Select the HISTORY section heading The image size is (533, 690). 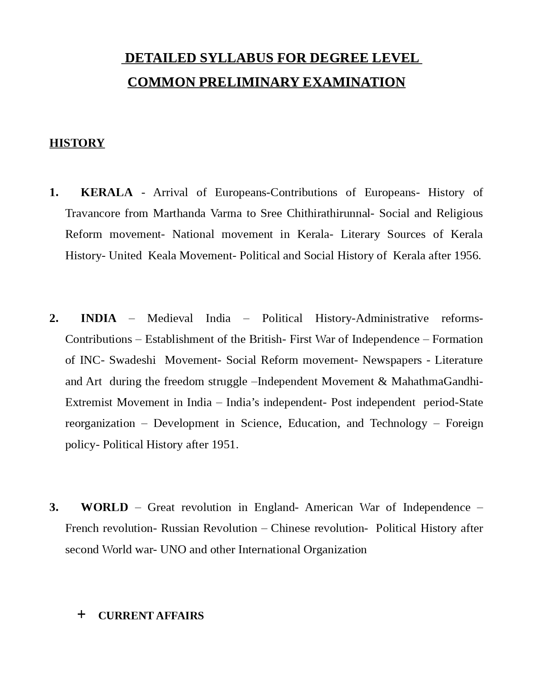coord(77,143)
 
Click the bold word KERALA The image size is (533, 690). coord(107,192)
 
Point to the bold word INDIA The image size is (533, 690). coord(99,318)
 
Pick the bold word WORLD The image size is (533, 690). coord(105,507)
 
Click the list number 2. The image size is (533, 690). coord(54,318)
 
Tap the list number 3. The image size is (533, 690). coord(54,507)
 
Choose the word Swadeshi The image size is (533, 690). coord(133,360)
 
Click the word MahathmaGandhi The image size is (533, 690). coord(436,381)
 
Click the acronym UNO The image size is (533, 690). coord(173,549)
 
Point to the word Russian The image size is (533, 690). coord(180,528)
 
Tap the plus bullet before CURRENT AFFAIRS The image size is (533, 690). coord(82,614)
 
